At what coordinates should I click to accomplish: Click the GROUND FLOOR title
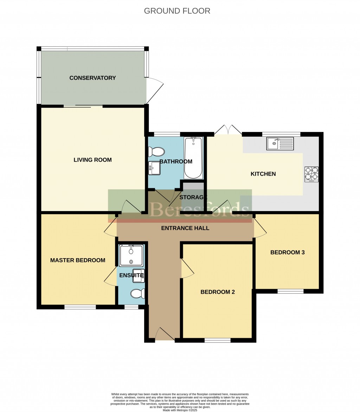click(177, 11)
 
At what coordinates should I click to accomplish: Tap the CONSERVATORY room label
click(92, 78)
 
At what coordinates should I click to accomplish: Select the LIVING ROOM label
click(92, 160)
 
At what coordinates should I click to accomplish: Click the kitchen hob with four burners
click(311, 174)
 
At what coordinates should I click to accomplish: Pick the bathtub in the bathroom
click(193, 158)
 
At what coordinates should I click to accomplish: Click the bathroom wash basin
click(154, 168)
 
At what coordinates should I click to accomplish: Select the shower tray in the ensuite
click(131, 255)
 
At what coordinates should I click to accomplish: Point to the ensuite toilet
click(137, 294)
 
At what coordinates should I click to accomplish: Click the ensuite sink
click(138, 276)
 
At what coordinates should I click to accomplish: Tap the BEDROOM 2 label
click(218, 292)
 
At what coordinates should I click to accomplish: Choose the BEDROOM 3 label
click(287, 253)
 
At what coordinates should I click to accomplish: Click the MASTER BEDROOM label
click(78, 260)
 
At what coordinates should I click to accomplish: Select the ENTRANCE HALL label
click(185, 228)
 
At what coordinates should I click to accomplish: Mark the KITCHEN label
click(263, 174)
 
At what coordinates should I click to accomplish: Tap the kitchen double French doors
click(228, 130)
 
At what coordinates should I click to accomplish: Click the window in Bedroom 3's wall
click(290, 291)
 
